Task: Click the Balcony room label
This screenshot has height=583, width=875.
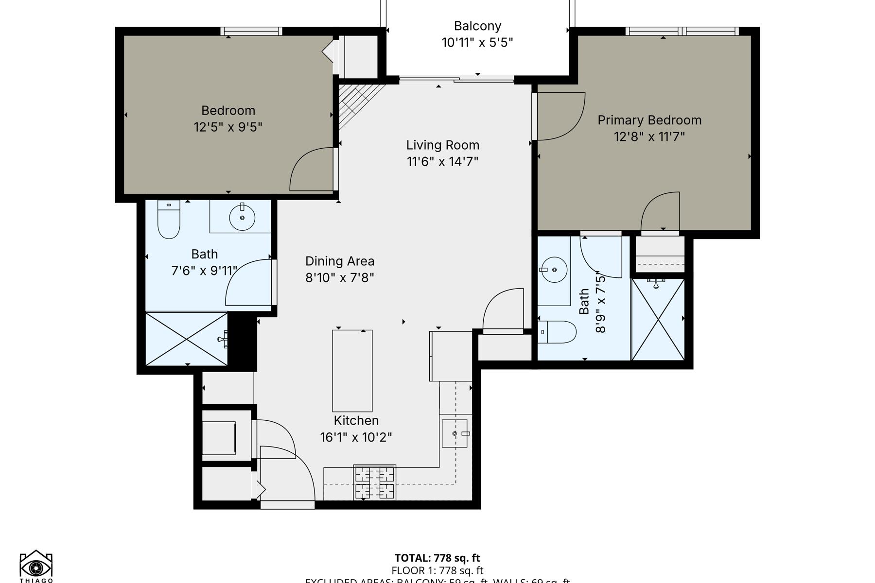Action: [x=477, y=26]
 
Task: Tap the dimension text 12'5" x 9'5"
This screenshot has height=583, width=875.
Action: [x=228, y=127]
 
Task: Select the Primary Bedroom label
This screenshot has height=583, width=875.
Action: [x=649, y=120]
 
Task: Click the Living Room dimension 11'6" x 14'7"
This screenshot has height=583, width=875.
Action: [x=442, y=161]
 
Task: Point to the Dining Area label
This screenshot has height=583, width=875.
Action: [x=340, y=261]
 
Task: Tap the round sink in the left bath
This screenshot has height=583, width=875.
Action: [x=242, y=217]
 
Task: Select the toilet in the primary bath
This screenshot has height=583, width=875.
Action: [x=558, y=332]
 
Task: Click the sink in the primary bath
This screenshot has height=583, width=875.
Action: [x=554, y=269]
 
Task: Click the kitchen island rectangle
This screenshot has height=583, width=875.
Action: [x=352, y=371]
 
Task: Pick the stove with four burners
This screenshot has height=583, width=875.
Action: [x=374, y=482]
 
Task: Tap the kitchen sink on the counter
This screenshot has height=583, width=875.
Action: [x=455, y=433]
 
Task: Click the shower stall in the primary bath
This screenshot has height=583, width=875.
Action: [x=658, y=319]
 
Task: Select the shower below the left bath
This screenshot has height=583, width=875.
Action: [x=187, y=339]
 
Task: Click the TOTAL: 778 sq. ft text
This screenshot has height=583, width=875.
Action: [x=437, y=558]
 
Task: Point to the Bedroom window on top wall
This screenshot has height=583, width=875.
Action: [x=251, y=31]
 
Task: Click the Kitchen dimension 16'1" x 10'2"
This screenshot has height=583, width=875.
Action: [x=356, y=437]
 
